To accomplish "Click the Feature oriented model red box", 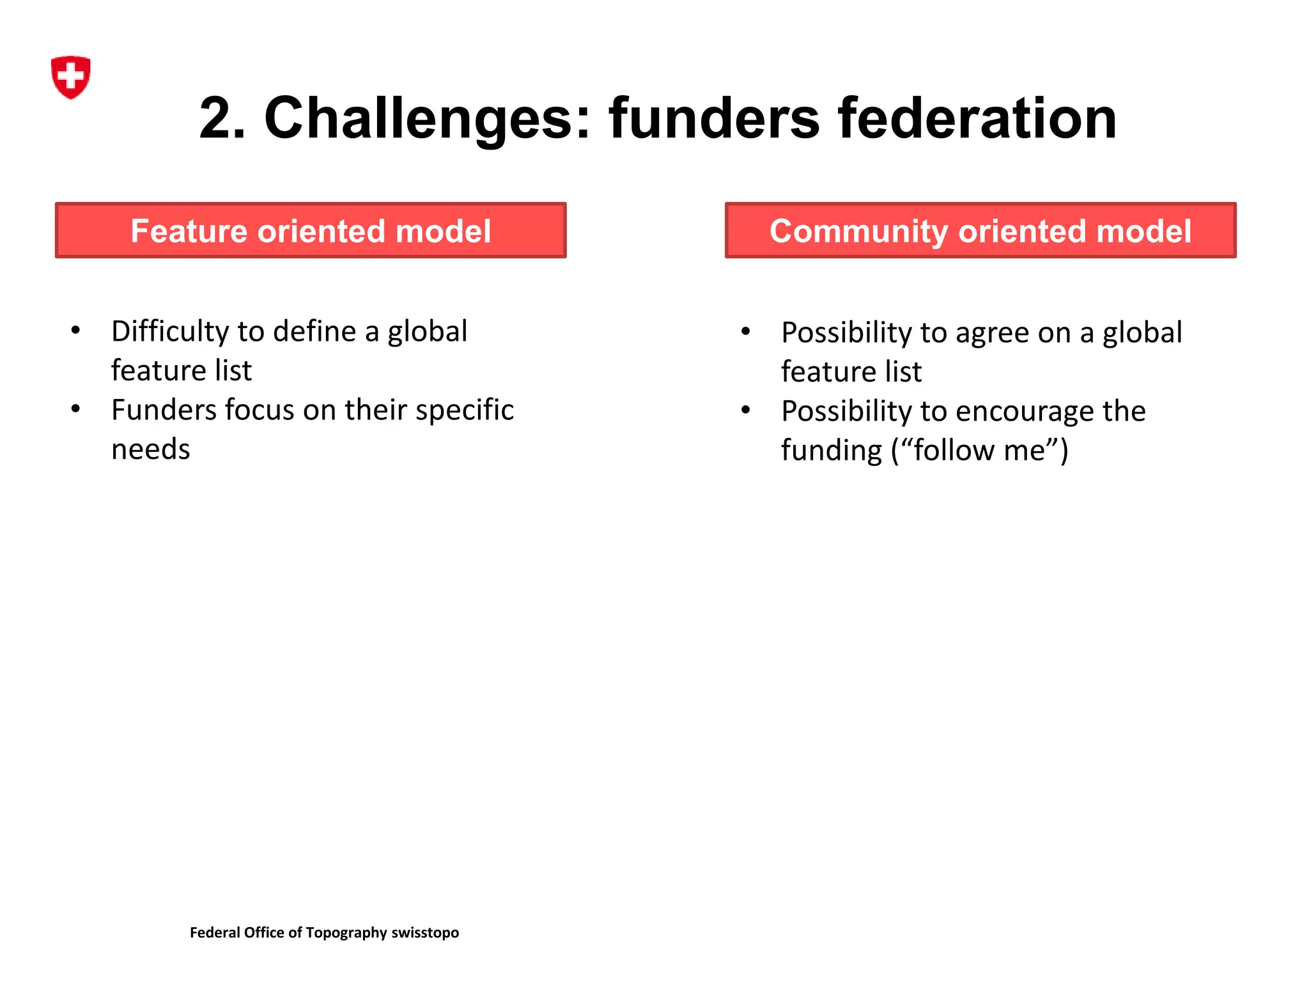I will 311,231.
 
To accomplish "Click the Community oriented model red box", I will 980,231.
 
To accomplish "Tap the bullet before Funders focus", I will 76,409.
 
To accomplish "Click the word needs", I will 151,449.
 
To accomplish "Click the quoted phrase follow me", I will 979,451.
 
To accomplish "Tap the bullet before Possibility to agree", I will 745,331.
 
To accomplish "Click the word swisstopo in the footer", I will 425,933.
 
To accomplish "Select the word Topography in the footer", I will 346,933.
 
